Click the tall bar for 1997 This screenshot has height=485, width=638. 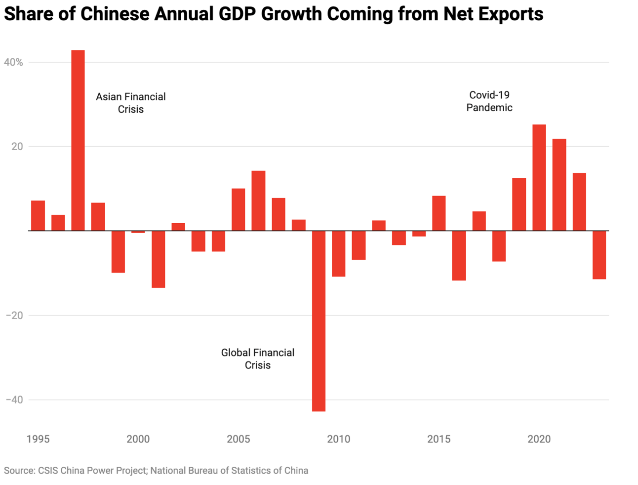78,140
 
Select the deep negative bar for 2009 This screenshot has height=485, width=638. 319,321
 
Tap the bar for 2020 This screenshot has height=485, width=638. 539,178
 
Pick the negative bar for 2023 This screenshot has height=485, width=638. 599,255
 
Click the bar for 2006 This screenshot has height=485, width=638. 258,201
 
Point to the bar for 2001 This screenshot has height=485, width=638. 158,259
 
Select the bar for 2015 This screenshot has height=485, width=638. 439,213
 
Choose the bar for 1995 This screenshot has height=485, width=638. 38,216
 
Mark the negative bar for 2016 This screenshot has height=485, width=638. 459,256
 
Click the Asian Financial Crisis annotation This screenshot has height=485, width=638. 131,103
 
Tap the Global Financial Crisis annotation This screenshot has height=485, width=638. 258,359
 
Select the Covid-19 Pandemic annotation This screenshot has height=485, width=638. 489,101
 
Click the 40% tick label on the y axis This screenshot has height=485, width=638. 13,62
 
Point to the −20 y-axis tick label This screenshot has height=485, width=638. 14,316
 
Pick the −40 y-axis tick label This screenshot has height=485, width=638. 14,400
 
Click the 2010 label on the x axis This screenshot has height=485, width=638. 338,439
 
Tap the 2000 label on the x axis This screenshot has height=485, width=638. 138,439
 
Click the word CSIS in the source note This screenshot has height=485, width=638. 48,471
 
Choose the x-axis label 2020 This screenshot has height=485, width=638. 539,439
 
